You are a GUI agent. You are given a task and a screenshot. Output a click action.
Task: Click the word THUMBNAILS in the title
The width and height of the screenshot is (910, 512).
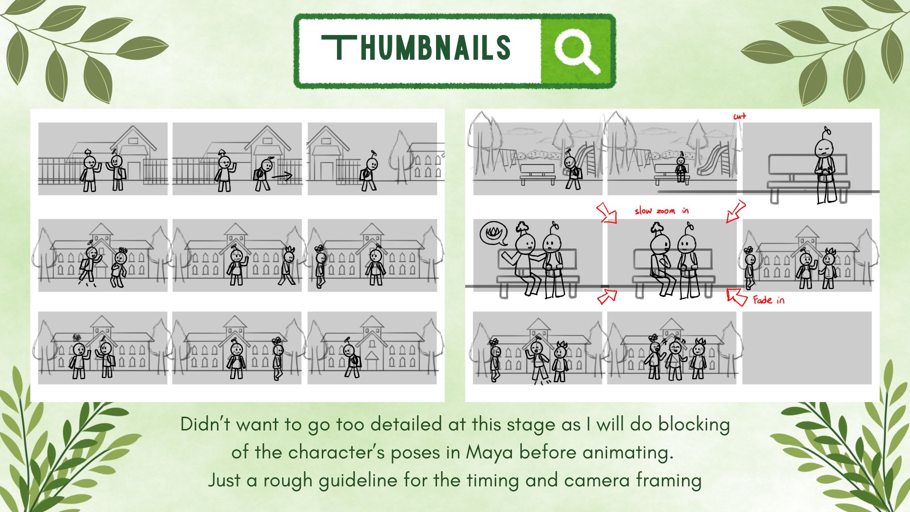click(416, 48)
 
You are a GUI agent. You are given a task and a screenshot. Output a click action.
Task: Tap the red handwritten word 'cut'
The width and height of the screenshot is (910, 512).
click(739, 116)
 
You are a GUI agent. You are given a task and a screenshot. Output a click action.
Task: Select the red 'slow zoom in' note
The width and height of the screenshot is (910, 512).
click(662, 210)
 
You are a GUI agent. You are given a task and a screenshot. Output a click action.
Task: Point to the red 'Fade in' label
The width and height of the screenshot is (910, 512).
click(768, 300)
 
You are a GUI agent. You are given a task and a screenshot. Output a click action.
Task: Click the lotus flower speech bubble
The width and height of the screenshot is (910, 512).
click(493, 233)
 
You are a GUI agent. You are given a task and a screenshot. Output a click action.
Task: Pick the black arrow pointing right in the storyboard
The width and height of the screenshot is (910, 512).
click(282, 177)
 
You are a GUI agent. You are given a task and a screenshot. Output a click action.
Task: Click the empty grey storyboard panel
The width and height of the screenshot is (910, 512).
click(807, 347)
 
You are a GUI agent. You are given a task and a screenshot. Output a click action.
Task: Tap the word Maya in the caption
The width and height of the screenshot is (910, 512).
click(490, 452)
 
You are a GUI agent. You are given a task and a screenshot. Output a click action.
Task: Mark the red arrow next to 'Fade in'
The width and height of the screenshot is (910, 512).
click(737, 296)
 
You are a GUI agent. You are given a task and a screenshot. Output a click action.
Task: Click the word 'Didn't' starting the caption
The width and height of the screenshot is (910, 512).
click(206, 424)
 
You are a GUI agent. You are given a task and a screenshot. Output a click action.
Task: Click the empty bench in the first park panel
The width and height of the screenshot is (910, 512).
click(537, 174)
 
